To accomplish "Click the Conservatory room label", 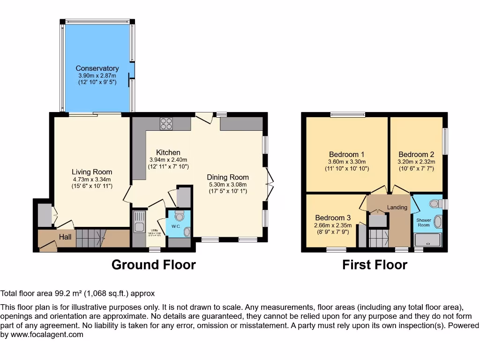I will point(97,68).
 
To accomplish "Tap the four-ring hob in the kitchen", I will point(166,123).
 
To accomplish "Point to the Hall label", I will point(65,237).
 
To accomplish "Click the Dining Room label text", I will point(228,177).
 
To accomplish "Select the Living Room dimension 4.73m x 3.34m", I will point(92,179).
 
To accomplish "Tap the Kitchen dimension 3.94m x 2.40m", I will point(168,159).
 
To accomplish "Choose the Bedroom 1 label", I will point(346,155).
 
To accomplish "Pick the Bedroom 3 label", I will point(333,218).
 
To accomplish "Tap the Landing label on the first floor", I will point(397,207).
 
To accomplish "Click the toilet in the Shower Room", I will point(435,204).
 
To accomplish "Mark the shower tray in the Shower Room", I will point(428,240).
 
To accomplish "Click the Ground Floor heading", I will point(153,265).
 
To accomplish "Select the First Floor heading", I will point(375,265).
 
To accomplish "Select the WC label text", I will point(175,226).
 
